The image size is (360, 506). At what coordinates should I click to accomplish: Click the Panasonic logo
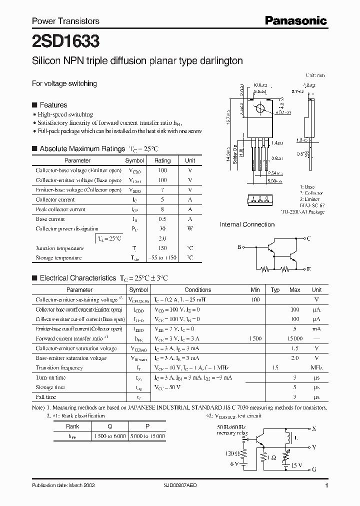(x=295, y=20)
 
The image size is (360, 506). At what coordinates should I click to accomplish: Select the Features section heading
(x=53, y=105)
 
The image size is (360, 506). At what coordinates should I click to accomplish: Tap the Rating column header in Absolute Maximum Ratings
(x=162, y=160)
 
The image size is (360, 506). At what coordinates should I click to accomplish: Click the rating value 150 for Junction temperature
(x=162, y=248)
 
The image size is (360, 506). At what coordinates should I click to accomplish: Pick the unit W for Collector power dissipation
(x=190, y=228)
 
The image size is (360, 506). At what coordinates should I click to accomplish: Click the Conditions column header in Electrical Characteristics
(x=197, y=290)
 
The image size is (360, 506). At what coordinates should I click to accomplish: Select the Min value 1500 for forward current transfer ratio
(x=255, y=338)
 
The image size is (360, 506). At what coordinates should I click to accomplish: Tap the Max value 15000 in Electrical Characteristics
(x=294, y=338)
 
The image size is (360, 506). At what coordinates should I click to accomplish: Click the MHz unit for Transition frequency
(x=316, y=368)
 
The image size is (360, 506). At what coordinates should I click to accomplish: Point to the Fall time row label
(x=46, y=397)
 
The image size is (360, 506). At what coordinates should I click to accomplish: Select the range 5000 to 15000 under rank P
(x=147, y=436)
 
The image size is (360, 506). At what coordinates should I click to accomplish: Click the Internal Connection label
(x=247, y=224)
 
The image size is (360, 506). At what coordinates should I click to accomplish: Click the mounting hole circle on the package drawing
(x=260, y=108)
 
